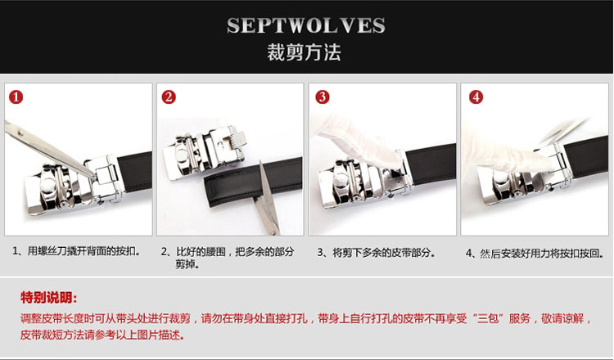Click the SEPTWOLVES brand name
coord(306,25)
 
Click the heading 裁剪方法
coord(305,52)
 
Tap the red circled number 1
coord(16,97)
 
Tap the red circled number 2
coord(169,97)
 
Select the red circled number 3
coord(323,97)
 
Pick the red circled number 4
coord(476,97)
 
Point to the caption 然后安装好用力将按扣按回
coord(540,254)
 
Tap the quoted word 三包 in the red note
coord(488,318)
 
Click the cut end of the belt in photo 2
coord(210,191)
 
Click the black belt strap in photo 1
coord(135,172)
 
